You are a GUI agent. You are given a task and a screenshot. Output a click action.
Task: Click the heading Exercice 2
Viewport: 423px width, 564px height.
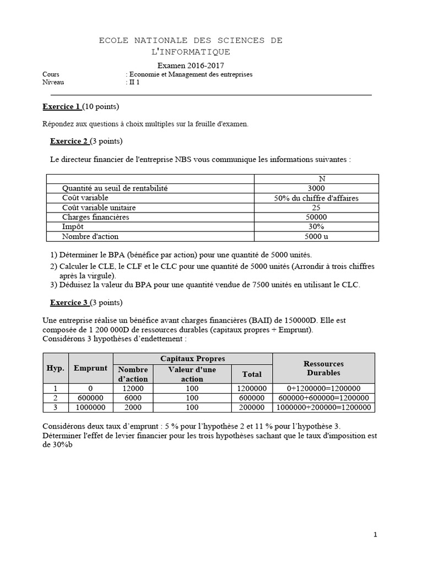tap(69, 141)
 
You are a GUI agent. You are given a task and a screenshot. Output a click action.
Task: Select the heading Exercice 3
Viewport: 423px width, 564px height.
tap(69, 302)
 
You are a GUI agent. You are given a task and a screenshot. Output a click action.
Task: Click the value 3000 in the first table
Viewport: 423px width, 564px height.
tap(316, 188)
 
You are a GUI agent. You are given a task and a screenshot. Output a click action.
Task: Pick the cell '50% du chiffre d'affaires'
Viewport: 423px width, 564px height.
tap(316, 198)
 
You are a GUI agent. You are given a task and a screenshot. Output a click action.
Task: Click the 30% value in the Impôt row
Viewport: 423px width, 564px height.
tap(316, 227)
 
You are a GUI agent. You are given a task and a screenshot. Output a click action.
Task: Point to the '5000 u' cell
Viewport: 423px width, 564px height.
tap(316, 237)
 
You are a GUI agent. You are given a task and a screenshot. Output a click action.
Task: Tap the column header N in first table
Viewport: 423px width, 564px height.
tap(316, 178)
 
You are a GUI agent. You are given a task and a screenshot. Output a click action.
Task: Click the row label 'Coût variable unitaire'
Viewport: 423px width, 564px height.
tap(99, 208)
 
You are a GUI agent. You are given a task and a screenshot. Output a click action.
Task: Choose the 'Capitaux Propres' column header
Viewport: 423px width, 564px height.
tap(192, 359)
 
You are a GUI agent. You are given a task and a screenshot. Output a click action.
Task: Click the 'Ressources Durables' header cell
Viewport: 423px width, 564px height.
tap(324, 368)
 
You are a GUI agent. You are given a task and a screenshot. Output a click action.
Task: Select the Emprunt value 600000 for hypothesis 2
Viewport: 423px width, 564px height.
tap(90, 398)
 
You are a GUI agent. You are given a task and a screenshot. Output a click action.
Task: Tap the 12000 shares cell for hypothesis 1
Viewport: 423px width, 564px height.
tap(133, 388)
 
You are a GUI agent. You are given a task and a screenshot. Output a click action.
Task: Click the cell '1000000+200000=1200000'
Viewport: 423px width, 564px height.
tap(324, 407)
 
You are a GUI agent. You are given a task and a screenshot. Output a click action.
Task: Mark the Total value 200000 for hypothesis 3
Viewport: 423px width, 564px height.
tap(252, 407)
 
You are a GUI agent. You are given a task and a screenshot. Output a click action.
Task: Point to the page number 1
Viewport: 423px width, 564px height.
tap(375, 534)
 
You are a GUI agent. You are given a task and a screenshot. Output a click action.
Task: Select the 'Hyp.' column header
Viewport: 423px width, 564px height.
tap(55, 368)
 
